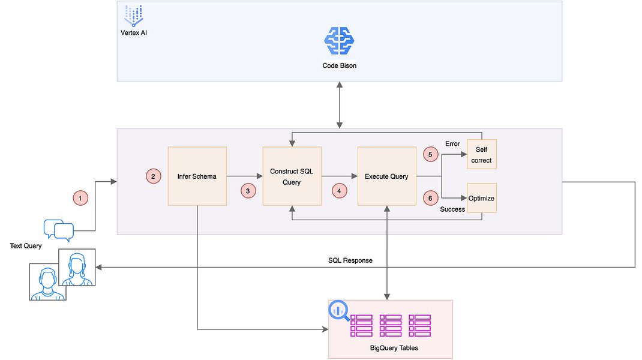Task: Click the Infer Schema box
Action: [x=197, y=176]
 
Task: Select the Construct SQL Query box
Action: [x=292, y=176]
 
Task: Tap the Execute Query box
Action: [x=387, y=176]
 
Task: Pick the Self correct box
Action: [x=481, y=154]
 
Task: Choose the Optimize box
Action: [x=481, y=198]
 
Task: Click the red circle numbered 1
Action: [x=80, y=198]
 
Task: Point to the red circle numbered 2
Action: [x=153, y=176]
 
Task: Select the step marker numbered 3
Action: [x=248, y=191]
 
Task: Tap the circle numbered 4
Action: [x=339, y=191]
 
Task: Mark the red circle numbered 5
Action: [x=430, y=154]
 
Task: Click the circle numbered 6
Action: [x=430, y=198]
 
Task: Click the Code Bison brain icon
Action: [x=339, y=41]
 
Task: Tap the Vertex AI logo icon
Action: [x=133, y=16]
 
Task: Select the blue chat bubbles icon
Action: [x=59, y=230]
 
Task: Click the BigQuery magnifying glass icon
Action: [x=338, y=311]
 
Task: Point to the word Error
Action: [x=452, y=144]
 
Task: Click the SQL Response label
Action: [x=350, y=260]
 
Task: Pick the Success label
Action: [x=452, y=209]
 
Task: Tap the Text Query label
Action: [x=26, y=246]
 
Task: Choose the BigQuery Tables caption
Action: [x=394, y=348]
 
